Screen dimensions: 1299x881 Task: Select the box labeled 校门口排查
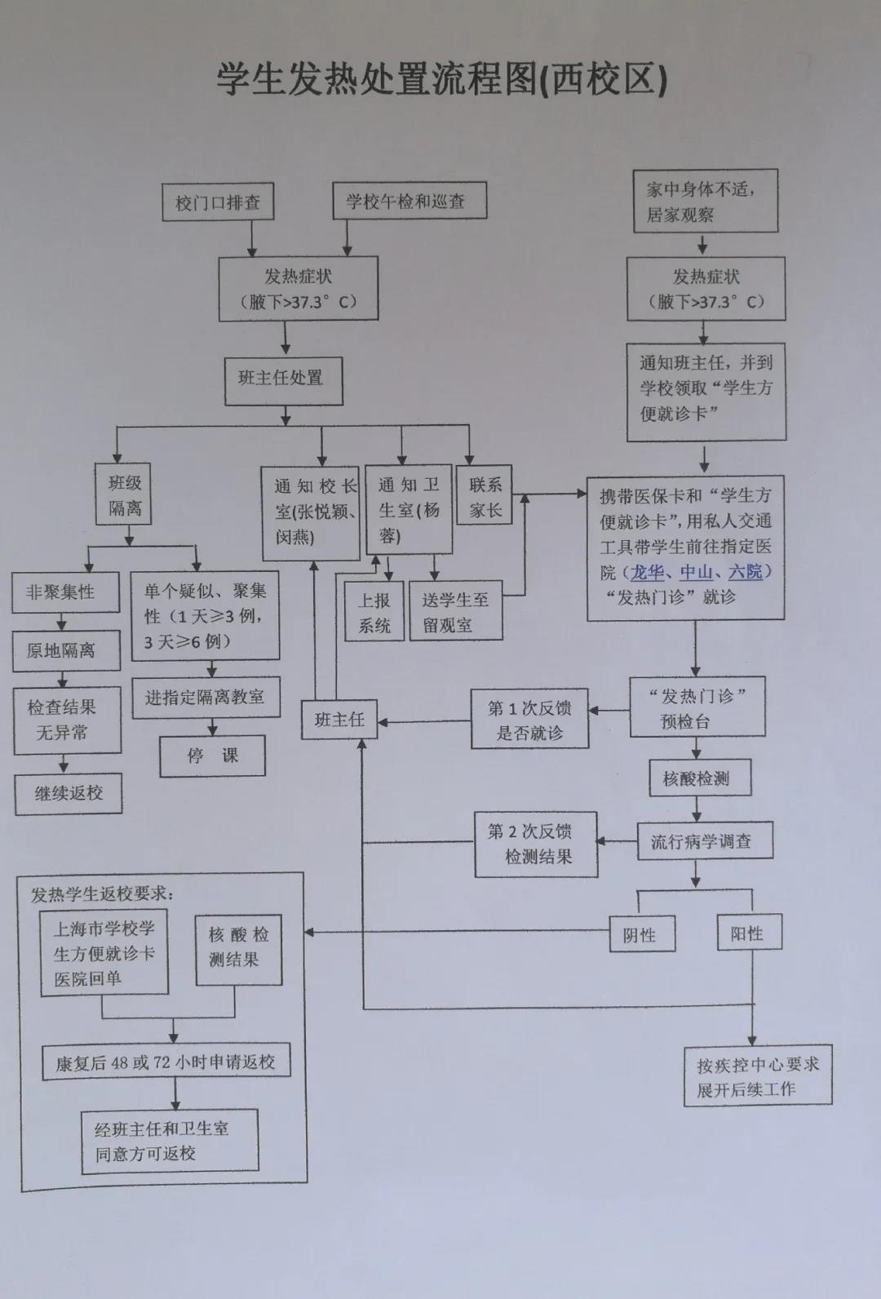pos(217,202)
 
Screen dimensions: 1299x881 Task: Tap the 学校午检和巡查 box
pos(409,201)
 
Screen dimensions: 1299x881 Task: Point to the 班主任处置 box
pos(284,379)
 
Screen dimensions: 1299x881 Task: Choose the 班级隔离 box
pos(125,495)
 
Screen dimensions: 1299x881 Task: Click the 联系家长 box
pos(485,496)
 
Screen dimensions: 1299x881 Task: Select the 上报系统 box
pos(374,613)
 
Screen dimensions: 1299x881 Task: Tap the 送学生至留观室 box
pos(455,613)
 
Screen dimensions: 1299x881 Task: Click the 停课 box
pos(212,756)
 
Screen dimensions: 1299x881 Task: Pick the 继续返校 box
pos(69,793)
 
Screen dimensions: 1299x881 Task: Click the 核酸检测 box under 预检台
pos(699,778)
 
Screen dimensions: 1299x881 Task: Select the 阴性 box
pos(643,935)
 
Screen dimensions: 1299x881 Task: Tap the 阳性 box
pos(749,933)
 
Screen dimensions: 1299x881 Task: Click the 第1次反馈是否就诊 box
pos(529,720)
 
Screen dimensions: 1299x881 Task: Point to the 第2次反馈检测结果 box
pos(536,844)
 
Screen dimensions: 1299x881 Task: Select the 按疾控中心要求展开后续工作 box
pos(757,1076)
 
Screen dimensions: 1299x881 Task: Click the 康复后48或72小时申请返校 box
pos(166,1062)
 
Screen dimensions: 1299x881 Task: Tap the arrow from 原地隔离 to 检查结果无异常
pos(64,681)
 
